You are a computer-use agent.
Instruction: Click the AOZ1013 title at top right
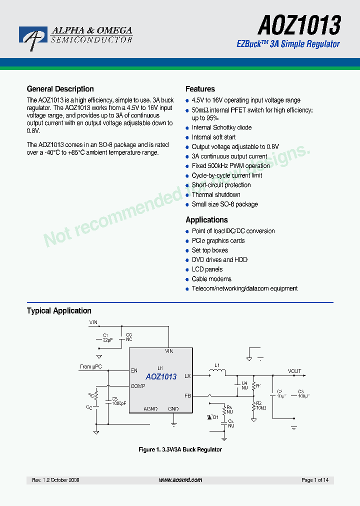[299, 24]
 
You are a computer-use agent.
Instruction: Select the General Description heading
[60, 89]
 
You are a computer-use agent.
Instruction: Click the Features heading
[200, 89]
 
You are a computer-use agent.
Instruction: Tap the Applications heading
[206, 220]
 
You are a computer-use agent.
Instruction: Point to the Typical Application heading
[59, 311]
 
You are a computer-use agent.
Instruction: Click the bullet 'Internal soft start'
[213, 137]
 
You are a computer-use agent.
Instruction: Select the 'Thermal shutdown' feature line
[216, 194]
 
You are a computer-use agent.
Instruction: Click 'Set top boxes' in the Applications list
[209, 250]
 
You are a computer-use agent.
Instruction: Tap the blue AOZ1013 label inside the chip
[161, 377]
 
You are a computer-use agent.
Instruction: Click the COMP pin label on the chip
[138, 386]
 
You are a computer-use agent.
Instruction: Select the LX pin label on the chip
[187, 375]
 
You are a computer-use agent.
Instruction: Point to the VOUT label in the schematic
[294, 371]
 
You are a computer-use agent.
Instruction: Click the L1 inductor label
[217, 365]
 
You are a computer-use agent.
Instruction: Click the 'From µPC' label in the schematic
[90, 366]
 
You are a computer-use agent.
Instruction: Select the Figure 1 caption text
[180, 449]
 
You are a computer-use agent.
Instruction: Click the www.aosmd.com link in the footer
[180, 480]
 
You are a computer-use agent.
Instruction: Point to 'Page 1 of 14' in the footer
[315, 480]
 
